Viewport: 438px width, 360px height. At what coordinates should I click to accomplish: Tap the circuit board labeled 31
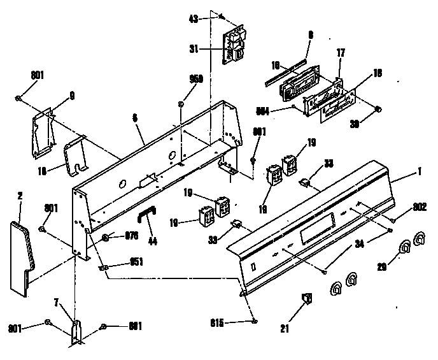coord(233,46)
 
